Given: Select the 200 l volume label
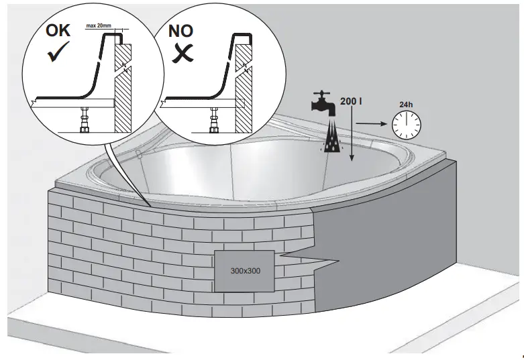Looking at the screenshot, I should [x=351, y=101].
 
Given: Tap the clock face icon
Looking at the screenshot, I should [x=407, y=123].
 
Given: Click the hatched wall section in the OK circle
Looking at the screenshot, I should [x=122, y=87].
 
